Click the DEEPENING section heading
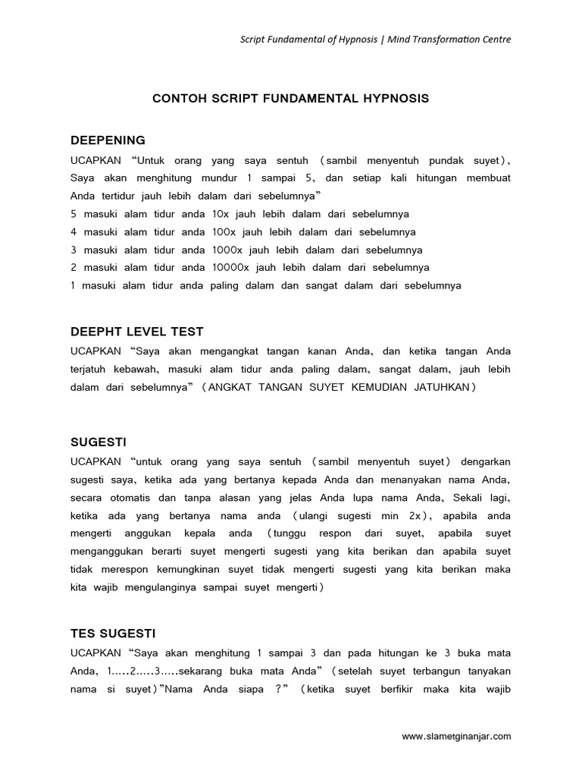click(x=108, y=140)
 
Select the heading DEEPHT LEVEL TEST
click(x=137, y=332)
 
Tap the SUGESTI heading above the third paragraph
click(x=99, y=441)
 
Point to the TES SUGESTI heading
click(x=113, y=632)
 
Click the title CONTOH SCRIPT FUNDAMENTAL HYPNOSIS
click(x=291, y=99)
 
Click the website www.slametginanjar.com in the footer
click(x=456, y=736)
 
